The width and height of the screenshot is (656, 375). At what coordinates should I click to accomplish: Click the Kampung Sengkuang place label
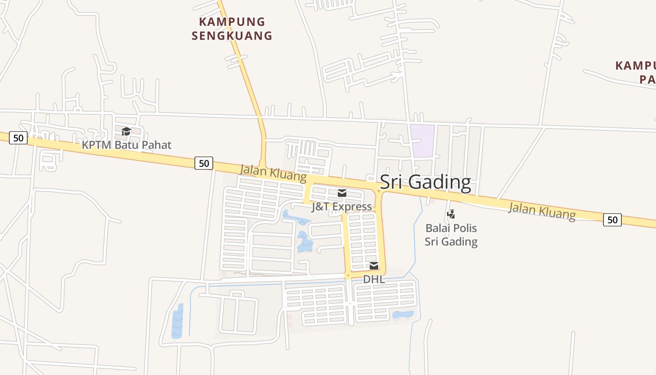pos(232,29)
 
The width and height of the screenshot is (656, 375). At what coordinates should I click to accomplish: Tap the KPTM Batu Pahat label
pos(127,145)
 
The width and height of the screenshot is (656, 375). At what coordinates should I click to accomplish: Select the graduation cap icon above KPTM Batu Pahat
pos(126,131)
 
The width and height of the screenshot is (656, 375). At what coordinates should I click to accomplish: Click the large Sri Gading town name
pos(425,182)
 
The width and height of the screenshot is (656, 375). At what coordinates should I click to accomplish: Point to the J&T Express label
pos(342,207)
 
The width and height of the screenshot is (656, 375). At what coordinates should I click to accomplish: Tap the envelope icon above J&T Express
pos(342,193)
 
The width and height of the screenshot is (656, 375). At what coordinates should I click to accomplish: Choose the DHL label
pos(374,279)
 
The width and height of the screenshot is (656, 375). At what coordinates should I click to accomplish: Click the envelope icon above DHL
pos(374,266)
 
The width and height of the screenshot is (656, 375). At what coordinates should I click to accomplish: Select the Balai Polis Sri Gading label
pos(451,235)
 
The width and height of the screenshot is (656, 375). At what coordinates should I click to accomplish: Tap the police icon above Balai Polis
pos(451,215)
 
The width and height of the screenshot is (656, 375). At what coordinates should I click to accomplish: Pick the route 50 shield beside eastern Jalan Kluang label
pos(612,219)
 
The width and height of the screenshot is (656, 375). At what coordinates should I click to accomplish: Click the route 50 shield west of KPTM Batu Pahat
pos(18,138)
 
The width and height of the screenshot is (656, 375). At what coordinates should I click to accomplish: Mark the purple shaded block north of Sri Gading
pos(422,141)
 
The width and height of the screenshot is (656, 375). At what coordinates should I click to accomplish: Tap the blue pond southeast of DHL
pos(403,315)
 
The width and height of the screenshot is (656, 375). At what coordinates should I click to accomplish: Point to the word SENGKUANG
pos(232,36)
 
